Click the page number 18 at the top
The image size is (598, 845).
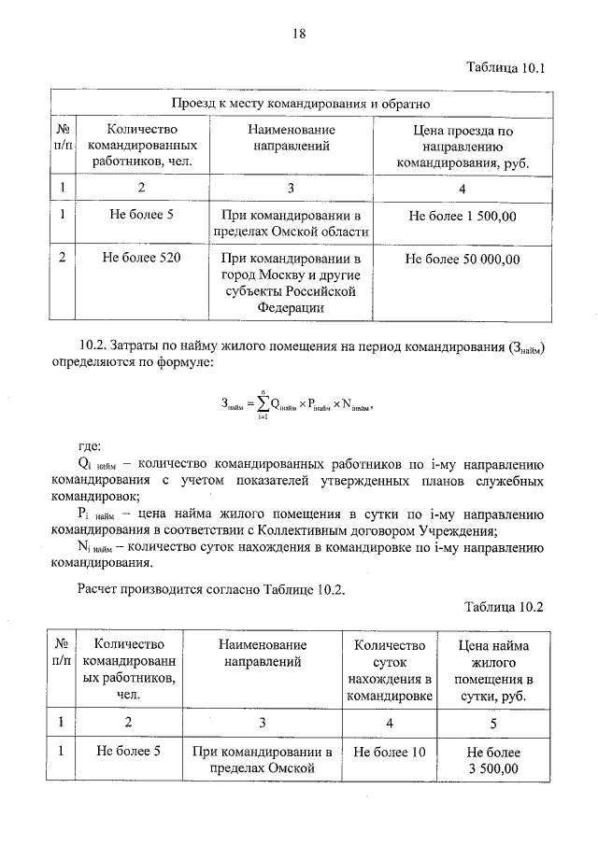(298, 34)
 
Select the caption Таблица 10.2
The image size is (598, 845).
(503, 607)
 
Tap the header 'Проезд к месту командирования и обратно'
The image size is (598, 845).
(299, 103)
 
